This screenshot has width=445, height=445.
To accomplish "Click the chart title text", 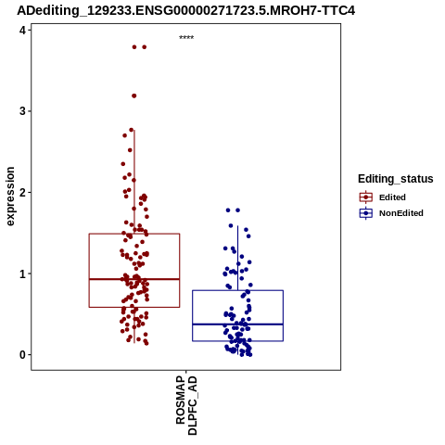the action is pyautogui.click(x=185, y=10).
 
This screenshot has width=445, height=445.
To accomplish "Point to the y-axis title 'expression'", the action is pyautogui.click(x=10, y=197).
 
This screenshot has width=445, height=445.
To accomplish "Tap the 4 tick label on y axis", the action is pyautogui.click(x=22, y=30).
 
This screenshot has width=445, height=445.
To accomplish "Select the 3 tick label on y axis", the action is pyautogui.click(x=22, y=111).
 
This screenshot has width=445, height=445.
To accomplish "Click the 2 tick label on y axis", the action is pyautogui.click(x=22, y=193).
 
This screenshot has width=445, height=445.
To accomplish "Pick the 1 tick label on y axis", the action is pyautogui.click(x=22, y=273).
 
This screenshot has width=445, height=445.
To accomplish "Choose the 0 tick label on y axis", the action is pyautogui.click(x=22, y=355).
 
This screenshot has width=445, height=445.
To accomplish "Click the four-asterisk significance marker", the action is pyautogui.click(x=186, y=38).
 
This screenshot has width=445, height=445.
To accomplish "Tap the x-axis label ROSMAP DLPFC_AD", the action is pyautogui.click(x=186, y=405).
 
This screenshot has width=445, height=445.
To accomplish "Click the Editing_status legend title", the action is pyautogui.click(x=396, y=179).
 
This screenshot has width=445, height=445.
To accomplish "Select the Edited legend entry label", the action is pyautogui.click(x=392, y=197).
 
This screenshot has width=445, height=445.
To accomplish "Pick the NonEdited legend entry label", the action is pyautogui.click(x=401, y=213).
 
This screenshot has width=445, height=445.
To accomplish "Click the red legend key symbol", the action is pyautogui.click(x=366, y=197).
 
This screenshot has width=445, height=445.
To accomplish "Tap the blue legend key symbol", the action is pyautogui.click(x=366, y=213).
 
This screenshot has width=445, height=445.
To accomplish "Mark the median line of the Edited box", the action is pyautogui.click(x=134, y=279).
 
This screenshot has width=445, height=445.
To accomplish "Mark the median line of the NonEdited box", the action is pyautogui.click(x=237, y=324).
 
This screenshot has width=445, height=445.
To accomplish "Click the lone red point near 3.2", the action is pyautogui.click(x=134, y=95).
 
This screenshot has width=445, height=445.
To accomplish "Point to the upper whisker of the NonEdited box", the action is pyautogui.click(x=237, y=258).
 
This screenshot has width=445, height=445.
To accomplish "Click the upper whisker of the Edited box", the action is pyautogui.click(x=134, y=182).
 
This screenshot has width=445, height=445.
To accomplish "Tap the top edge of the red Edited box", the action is pyautogui.click(x=134, y=234).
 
